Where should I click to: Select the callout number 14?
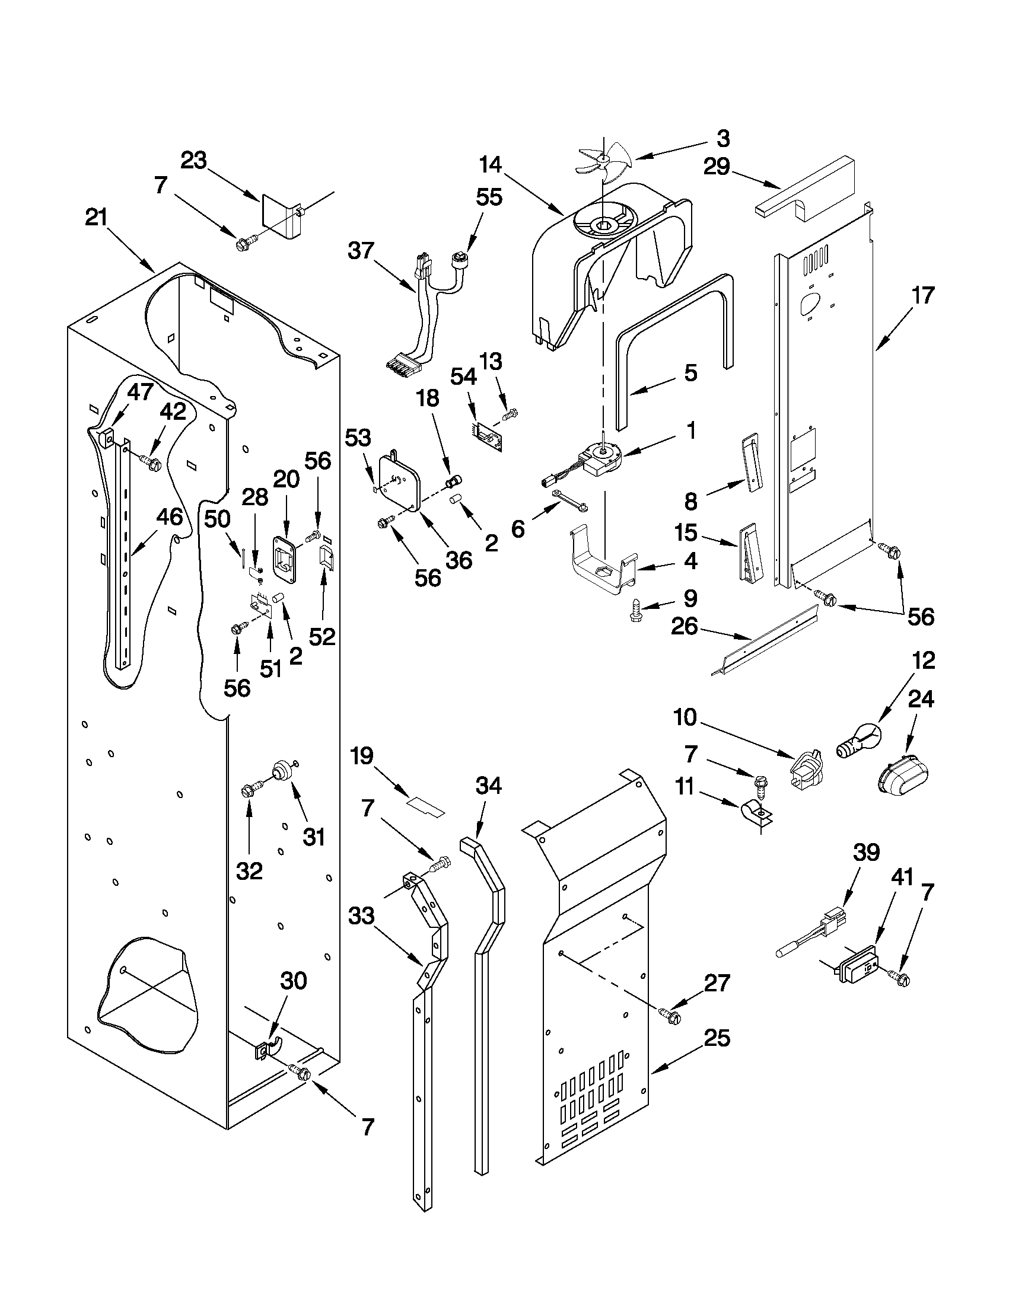click(x=490, y=165)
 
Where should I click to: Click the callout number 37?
click(x=361, y=251)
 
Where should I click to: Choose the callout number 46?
click(x=169, y=517)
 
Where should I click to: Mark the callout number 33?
click(x=361, y=915)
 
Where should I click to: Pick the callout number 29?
click(x=717, y=167)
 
